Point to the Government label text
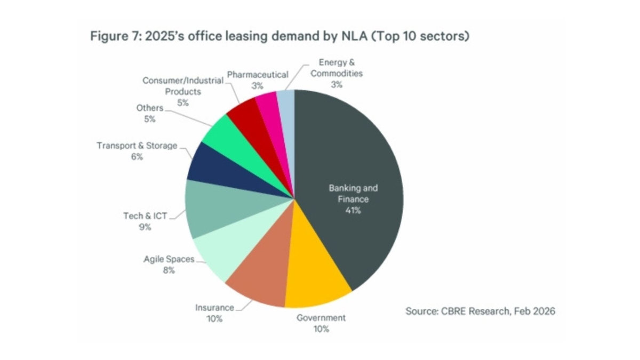coord(321,318)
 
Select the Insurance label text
coord(214,308)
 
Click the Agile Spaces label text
coord(169,260)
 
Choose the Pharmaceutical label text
coord(258,75)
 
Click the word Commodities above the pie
coord(337,74)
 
